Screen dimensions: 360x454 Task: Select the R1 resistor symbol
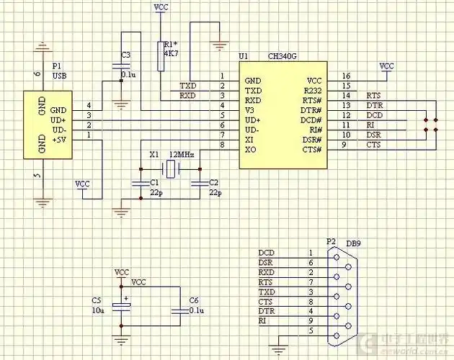pyautogui.click(x=160, y=56)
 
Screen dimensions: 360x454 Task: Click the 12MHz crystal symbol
pyautogui.click(x=169, y=170)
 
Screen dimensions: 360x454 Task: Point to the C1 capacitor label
pyautogui.click(x=154, y=183)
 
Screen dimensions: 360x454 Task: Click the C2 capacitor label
pyautogui.click(x=213, y=183)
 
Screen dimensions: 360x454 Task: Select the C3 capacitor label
pyautogui.click(x=126, y=55)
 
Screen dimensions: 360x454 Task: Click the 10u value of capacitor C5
pyautogui.click(x=98, y=310)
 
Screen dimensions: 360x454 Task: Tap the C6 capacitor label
pyautogui.click(x=193, y=300)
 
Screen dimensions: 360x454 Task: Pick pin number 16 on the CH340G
pyautogui.click(x=347, y=76)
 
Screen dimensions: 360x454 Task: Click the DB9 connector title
pyautogui.click(x=353, y=243)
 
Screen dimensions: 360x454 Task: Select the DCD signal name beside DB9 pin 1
pyautogui.click(x=266, y=253)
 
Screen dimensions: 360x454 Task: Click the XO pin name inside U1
pyautogui.click(x=250, y=149)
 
